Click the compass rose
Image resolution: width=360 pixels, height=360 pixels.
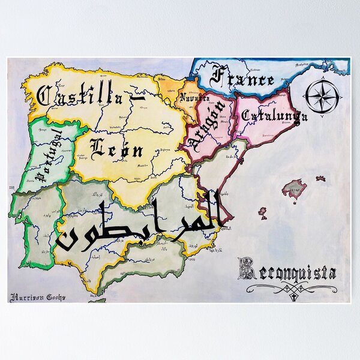click(323, 97)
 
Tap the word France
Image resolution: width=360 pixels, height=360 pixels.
click(243, 78)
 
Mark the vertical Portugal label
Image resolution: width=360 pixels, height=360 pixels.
click(47, 155)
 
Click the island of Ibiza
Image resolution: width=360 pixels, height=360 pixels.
click(262, 212)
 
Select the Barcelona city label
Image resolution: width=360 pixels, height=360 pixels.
click(264, 136)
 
